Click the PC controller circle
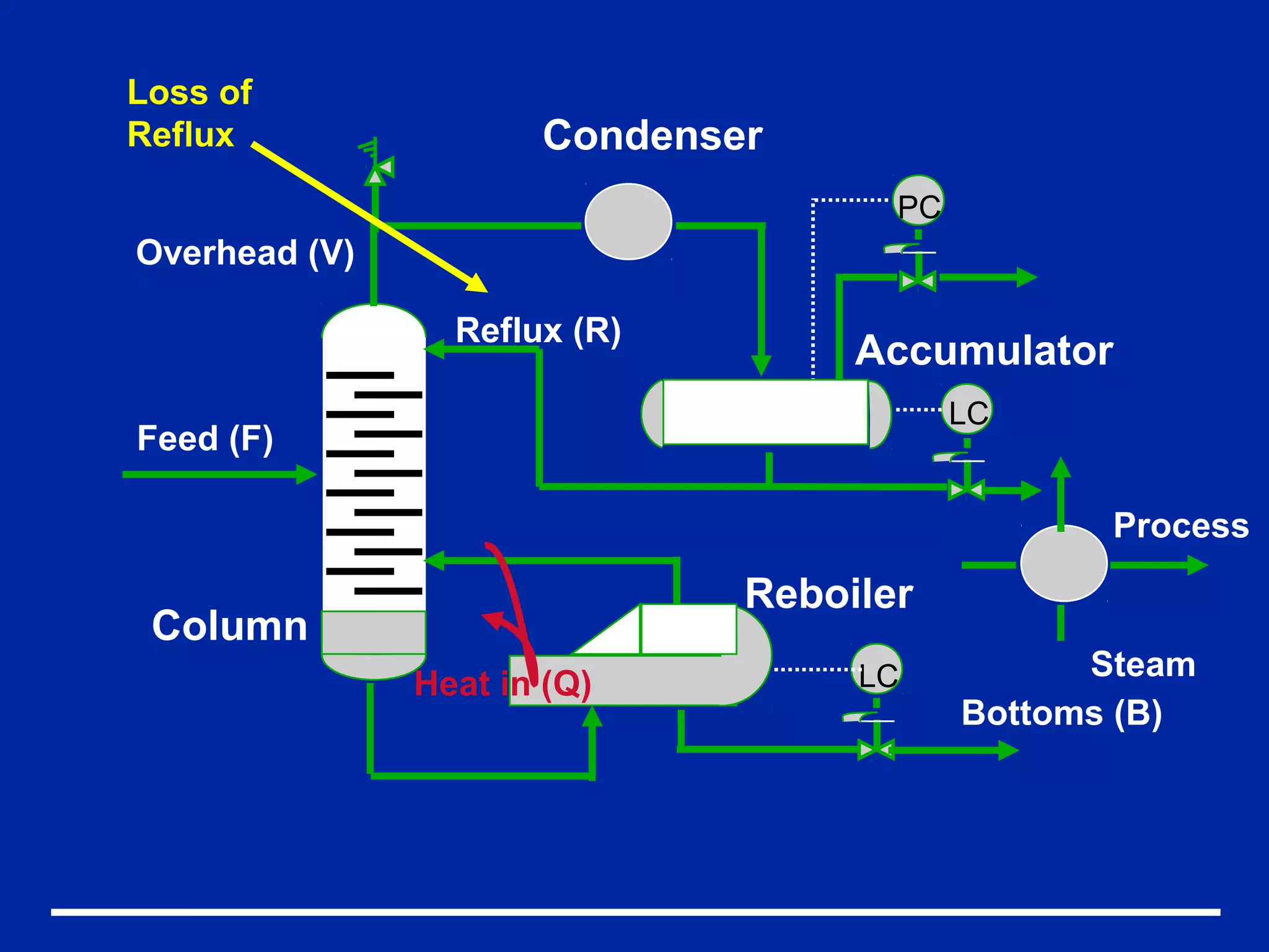pyautogui.click(x=918, y=202)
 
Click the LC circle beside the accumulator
pyautogui.click(x=967, y=410)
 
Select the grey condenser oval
pyautogui.click(x=628, y=221)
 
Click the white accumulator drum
pyautogui.click(x=766, y=412)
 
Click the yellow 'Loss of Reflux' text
pyautogui.click(x=189, y=113)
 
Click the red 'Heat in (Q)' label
pyautogui.click(x=503, y=684)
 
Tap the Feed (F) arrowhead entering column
pyautogui.click(x=307, y=475)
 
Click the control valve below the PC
pyautogui.click(x=918, y=281)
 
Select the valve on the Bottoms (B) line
pyautogui.click(x=876, y=750)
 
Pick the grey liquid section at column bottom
pyautogui.click(x=374, y=633)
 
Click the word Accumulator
pyautogui.click(x=984, y=351)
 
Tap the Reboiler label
pyautogui.click(x=829, y=594)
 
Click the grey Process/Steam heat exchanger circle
pyautogui.click(x=1063, y=563)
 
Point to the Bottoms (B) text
pyautogui.click(x=1061, y=713)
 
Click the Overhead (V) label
pyautogui.click(x=245, y=253)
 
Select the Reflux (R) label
pyautogui.click(x=538, y=330)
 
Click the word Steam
pyautogui.click(x=1143, y=664)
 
